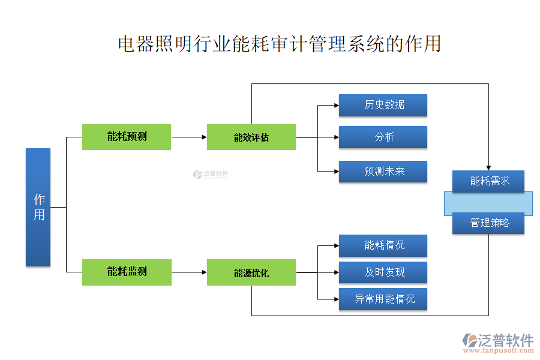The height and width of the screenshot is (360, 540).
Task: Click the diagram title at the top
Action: [279, 44]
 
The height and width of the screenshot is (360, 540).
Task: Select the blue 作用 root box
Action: [38, 207]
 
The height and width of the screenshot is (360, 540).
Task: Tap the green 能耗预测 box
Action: [127, 137]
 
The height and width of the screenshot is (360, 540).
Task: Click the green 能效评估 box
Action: [251, 137]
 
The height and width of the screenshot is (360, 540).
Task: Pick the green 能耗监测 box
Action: [127, 272]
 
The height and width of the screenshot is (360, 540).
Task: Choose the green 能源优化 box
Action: [251, 272]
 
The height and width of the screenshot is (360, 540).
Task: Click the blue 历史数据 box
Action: [383, 105]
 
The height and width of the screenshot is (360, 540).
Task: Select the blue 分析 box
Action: [383, 137]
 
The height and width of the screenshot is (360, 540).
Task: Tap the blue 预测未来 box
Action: [383, 172]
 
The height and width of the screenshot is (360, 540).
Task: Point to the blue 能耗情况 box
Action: [383, 245]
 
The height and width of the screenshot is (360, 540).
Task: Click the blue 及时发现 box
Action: [383, 272]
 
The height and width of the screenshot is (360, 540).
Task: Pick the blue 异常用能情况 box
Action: [383, 299]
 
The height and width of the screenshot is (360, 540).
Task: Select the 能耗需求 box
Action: [488, 181]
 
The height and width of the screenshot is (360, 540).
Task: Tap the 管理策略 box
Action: [488, 223]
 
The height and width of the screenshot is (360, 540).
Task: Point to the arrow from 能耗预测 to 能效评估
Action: [189, 137]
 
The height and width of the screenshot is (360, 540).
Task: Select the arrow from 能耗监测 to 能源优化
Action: [189, 272]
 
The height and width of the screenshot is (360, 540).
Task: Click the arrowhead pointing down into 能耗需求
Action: [488, 167]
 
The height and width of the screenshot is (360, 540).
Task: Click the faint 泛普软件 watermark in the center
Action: [211, 174]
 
